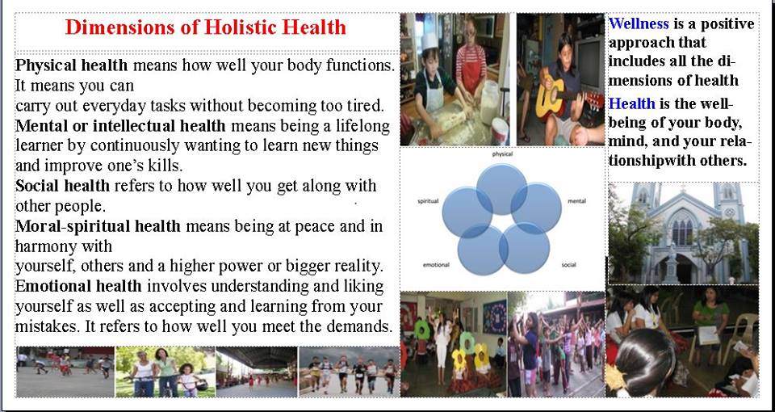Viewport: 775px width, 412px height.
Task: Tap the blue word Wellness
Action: click(639, 23)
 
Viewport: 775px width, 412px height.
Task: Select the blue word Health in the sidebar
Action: click(631, 104)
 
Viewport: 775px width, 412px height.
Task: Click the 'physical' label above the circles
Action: click(502, 154)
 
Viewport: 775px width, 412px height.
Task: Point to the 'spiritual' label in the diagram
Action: click(428, 201)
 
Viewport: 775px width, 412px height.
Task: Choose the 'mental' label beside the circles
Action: click(576, 201)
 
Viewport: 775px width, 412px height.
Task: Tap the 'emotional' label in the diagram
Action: click(436, 265)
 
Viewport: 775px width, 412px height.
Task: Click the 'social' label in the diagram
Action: click(569, 265)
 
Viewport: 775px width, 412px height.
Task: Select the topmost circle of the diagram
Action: click(501, 189)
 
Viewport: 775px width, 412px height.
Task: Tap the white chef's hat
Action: click(429, 40)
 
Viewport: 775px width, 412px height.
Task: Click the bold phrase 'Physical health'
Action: click(72, 65)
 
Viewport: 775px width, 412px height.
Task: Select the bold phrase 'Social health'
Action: click(63, 186)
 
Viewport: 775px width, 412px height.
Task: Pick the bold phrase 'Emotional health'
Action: click(78, 286)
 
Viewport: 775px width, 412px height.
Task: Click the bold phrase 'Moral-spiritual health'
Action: click(98, 226)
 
